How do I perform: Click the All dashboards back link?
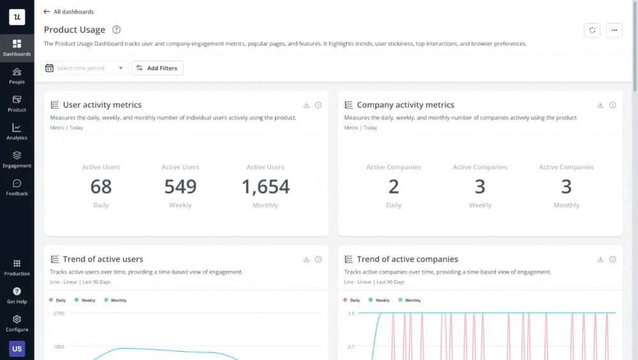[68, 11]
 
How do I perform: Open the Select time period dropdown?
[85, 68]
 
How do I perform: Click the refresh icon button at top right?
[591, 30]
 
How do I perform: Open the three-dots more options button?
[614, 30]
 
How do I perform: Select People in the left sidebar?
[17, 76]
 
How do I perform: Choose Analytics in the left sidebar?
[17, 131]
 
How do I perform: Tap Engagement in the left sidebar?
[17, 160]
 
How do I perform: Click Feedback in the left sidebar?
[17, 187]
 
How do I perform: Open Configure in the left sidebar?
[17, 323]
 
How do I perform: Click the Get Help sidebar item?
[17, 295]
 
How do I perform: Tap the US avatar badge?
[17, 349]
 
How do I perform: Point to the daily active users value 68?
[101, 186]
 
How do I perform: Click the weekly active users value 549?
[181, 186]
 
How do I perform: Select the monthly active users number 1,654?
[265, 186]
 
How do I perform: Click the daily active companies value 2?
[394, 186]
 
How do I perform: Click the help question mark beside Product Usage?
[116, 29]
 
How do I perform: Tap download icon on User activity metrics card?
[306, 105]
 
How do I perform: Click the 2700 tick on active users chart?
[59, 313]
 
